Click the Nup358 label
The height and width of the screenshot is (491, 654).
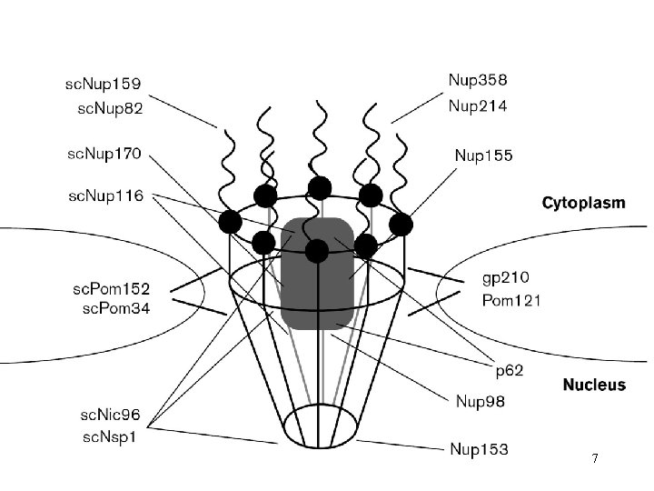(478, 82)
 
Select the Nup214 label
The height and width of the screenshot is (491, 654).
(478, 105)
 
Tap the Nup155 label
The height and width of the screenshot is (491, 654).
(483, 155)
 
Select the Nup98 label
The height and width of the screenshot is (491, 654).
(480, 400)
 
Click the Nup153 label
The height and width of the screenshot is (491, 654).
(479, 448)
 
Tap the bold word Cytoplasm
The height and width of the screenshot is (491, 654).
(583, 203)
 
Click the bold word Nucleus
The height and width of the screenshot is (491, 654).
(594, 385)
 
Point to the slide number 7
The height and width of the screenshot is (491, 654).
(594, 458)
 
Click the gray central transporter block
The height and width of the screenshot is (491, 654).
(316, 273)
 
